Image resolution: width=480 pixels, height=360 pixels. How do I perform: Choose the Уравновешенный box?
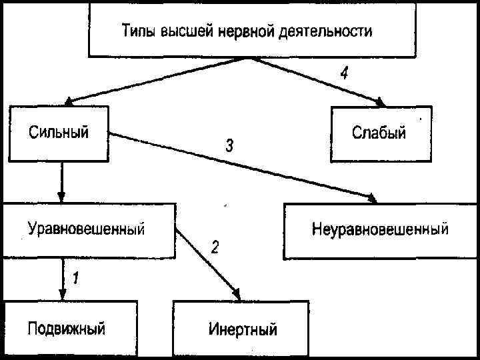coord(87,230)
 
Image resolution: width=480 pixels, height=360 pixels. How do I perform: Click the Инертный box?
coord(241,329)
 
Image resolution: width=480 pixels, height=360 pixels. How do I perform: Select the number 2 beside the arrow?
coord(215,247)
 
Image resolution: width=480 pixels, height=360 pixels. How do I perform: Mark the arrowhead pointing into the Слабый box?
coord(381,102)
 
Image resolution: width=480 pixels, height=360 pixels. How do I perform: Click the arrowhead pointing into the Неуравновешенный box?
coord(372,199)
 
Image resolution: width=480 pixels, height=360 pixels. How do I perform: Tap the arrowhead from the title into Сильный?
coord(69,101)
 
